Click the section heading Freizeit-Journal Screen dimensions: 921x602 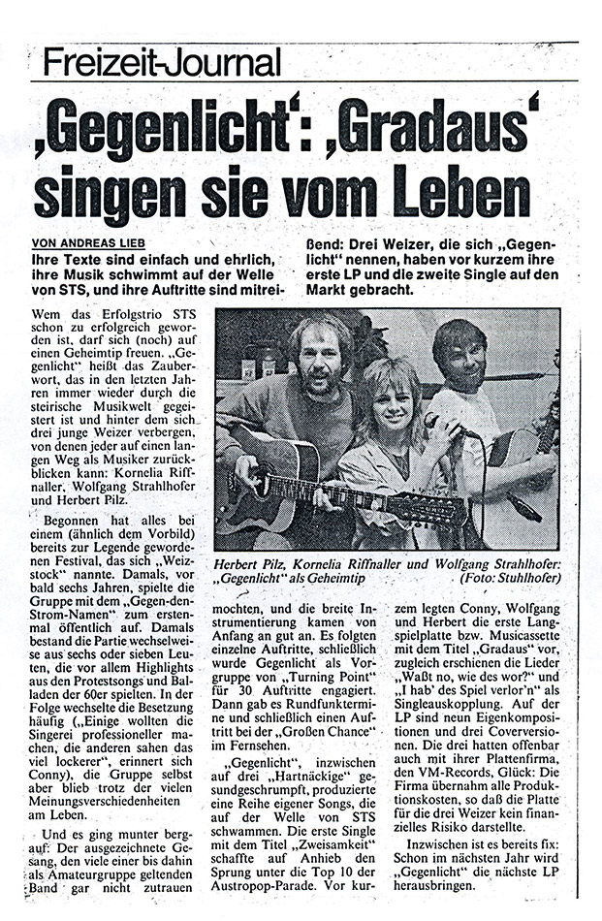(x=162, y=61)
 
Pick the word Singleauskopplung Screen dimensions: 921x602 (x=457, y=690)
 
